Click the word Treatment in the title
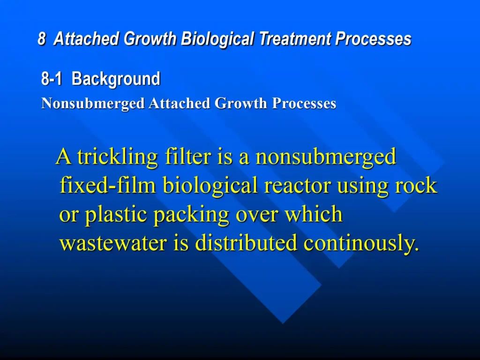click(x=295, y=39)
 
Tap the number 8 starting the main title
click(x=42, y=39)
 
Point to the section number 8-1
click(x=52, y=79)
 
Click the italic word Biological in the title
click(x=217, y=40)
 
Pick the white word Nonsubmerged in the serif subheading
click(x=93, y=104)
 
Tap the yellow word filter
click(x=188, y=156)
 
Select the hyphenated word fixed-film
click(x=108, y=185)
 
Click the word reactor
click(x=297, y=186)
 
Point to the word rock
click(x=416, y=185)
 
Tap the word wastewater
click(x=113, y=243)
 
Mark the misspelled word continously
click(x=361, y=243)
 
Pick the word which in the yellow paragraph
click(x=314, y=214)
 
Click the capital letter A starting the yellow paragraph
click(x=64, y=157)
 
